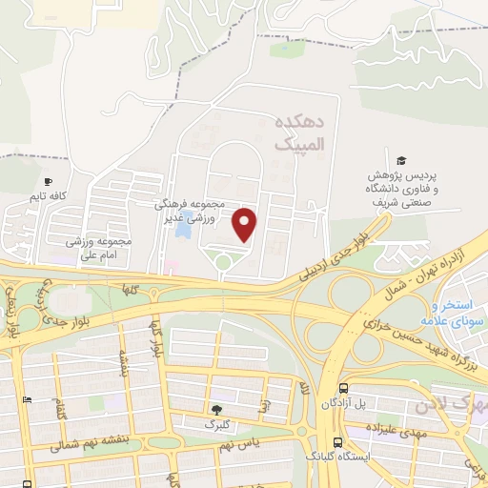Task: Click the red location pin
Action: point(245,224)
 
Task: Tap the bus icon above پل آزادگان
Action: point(342,388)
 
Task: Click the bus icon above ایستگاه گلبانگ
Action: point(337,441)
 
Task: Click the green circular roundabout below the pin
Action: point(223,262)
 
